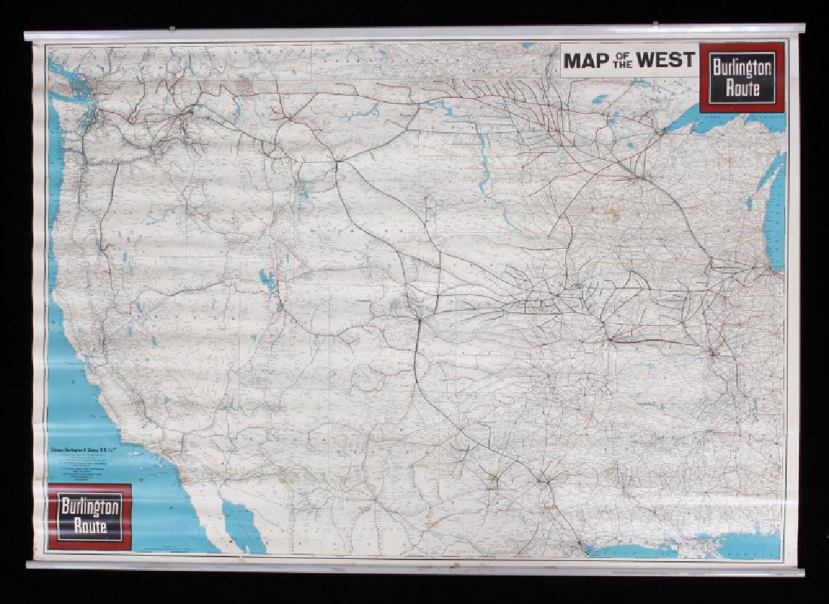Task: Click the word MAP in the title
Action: pyautogui.click(x=586, y=60)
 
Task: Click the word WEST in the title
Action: pyautogui.click(x=665, y=60)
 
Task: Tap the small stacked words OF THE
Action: pyautogui.click(x=623, y=60)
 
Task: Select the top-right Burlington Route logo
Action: pyautogui.click(x=742, y=78)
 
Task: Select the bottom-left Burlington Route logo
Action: pyautogui.click(x=90, y=517)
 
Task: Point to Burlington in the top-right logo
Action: pyautogui.click(x=742, y=67)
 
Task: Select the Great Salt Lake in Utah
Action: pyautogui.click(x=267, y=281)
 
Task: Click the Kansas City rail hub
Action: pyautogui.click(x=609, y=339)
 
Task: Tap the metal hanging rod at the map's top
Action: pyautogui.click(x=414, y=33)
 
